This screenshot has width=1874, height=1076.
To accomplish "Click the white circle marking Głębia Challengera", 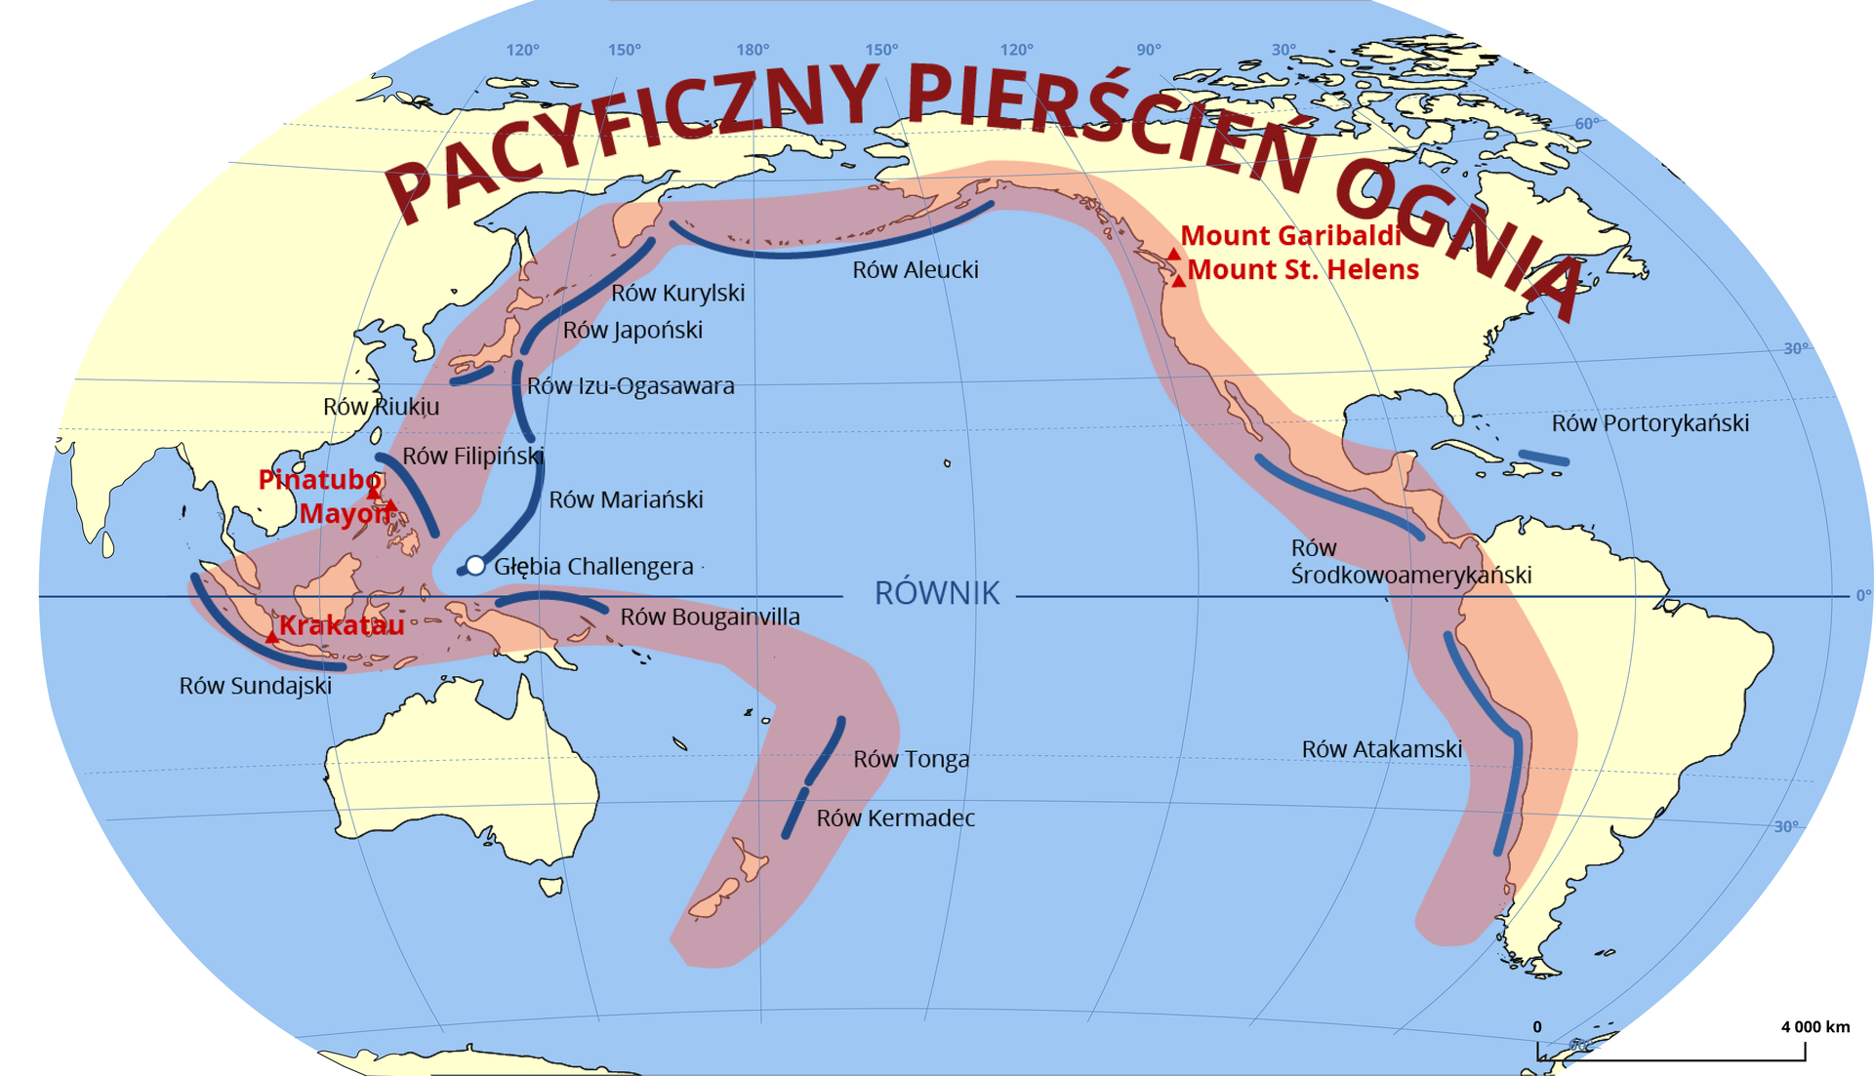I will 475,566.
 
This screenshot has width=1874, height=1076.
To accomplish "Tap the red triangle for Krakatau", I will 271,637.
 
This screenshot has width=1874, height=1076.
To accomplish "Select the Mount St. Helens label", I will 1303,270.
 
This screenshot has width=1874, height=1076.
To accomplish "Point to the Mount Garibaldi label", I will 1290,236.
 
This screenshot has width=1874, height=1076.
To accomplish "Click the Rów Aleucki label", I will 915,270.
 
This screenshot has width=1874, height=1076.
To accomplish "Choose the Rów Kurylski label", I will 677,293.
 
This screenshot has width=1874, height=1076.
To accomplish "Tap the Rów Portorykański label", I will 1650,423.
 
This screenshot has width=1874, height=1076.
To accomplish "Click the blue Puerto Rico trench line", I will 1544,457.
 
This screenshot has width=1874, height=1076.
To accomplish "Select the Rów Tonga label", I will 911,759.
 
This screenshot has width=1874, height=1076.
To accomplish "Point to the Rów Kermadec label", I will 895,818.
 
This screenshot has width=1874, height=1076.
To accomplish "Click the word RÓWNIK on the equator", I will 937,593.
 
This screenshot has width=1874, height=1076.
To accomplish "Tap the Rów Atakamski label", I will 1381,749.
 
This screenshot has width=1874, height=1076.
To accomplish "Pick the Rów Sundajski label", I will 255,686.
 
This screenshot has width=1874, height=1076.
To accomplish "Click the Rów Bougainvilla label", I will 710,617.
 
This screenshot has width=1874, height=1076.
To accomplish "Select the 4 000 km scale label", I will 1814,1026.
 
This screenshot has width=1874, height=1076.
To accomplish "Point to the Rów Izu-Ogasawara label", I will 631,386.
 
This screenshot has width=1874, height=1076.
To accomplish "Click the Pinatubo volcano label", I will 318,480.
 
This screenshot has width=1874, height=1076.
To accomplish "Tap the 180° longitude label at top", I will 753,50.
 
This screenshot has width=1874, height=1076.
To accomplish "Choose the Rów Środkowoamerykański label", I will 1410,562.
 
